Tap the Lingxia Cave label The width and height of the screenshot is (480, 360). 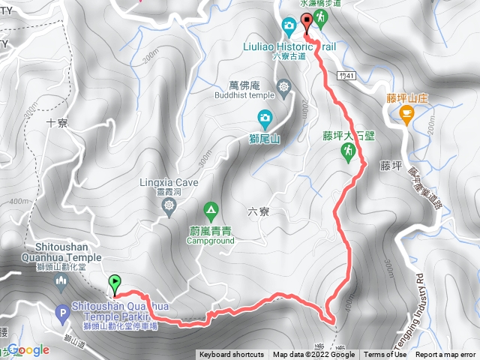[x=169, y=181]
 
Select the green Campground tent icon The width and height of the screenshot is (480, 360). [x=211, y=208]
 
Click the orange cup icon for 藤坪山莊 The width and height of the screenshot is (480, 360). [x=406, y=115]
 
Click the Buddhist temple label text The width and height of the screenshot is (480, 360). [x=244, y=96]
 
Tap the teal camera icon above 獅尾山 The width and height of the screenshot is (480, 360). [x=265, y=117]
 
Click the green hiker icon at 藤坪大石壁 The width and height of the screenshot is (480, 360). [x=347, y=151]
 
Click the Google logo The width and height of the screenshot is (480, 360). [x=28, y=349]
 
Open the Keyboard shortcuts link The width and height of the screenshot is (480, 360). [x=232, y=355]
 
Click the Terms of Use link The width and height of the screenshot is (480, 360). [x=385, y=355]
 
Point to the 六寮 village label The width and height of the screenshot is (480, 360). [x=259, y=212]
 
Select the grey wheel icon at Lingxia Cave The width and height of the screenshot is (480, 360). [x=170, y=205]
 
